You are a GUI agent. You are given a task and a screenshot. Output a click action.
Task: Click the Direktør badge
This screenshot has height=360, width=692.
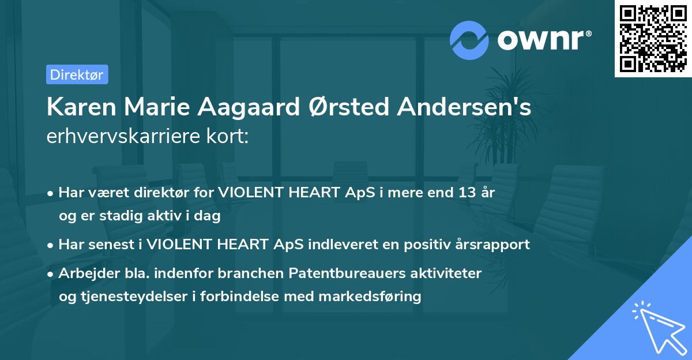pos(77,74)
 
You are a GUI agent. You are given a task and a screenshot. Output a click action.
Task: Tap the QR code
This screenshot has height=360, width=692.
pos(653,39)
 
